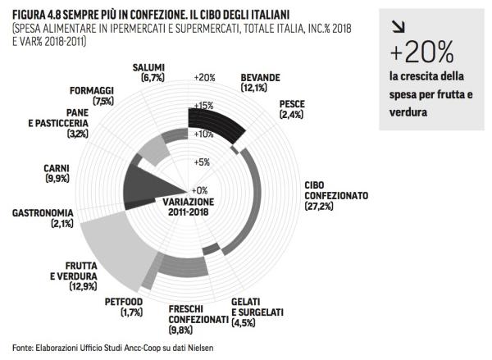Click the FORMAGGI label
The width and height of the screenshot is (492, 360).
[x=92, y=91]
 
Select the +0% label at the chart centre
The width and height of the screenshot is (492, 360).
[x=199, y=189]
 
